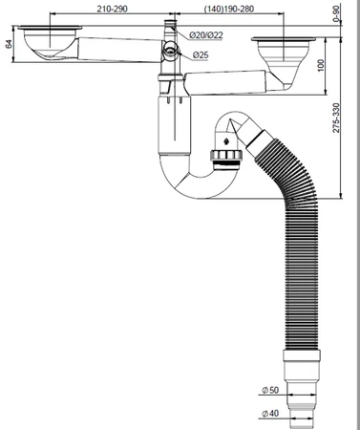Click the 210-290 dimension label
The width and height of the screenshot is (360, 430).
click(112, 9)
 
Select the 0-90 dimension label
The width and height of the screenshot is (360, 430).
click(337, 14)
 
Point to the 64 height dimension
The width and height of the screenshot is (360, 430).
click(9, 44)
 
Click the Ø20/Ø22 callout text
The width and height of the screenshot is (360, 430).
click(206, 35)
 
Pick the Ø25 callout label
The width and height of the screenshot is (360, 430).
click(201, 55)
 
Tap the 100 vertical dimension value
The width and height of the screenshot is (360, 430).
click(321, 65)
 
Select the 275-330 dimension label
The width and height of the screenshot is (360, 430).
click(336, 118)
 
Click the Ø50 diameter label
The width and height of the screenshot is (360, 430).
click(270, 390)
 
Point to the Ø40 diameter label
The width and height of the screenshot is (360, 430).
click(270, 414)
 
